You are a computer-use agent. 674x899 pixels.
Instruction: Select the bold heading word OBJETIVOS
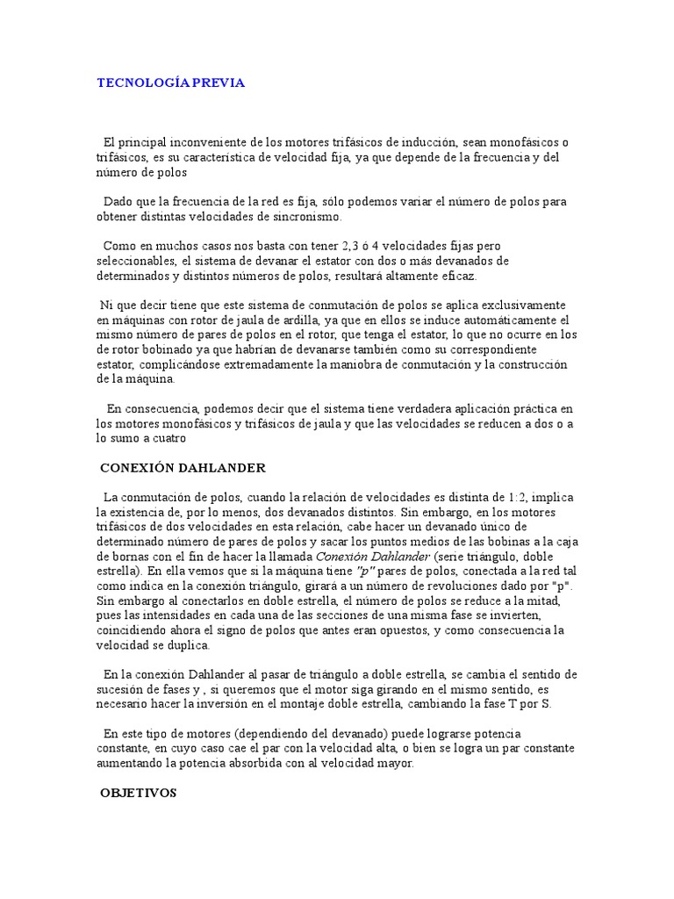coord(139,792)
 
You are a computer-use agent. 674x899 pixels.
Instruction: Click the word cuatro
coord(168,438)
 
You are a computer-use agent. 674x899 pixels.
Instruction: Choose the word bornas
coord(128,557)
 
